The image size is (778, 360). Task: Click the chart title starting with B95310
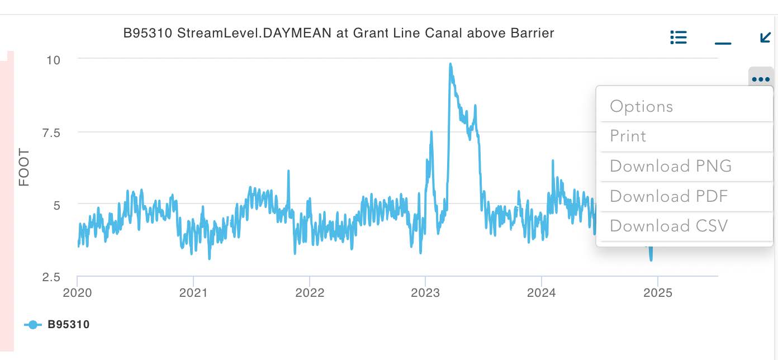click(338, 33)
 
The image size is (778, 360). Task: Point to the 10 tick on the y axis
click(54, 59)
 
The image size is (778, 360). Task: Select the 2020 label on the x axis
click(77, 292)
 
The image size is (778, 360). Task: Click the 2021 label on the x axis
click(193, 292)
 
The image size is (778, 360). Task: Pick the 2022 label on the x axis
click(310, 292)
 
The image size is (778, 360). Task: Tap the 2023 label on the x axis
click(426, 292)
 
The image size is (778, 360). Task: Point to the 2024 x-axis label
click(542, 292)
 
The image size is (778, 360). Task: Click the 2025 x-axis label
click(658, 292)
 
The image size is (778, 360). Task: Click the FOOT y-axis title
click(24, 168)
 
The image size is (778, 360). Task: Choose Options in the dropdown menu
click(641, 106)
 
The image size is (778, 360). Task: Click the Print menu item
click(628, 136)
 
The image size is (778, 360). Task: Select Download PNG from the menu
click(670, 166)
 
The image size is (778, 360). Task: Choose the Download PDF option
click(668, 196)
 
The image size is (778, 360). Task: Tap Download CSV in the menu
click(668, 226)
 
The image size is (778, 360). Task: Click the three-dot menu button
click(761, 79)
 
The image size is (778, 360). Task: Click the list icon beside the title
click(678, 37)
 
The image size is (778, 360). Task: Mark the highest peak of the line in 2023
click(450, 64)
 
